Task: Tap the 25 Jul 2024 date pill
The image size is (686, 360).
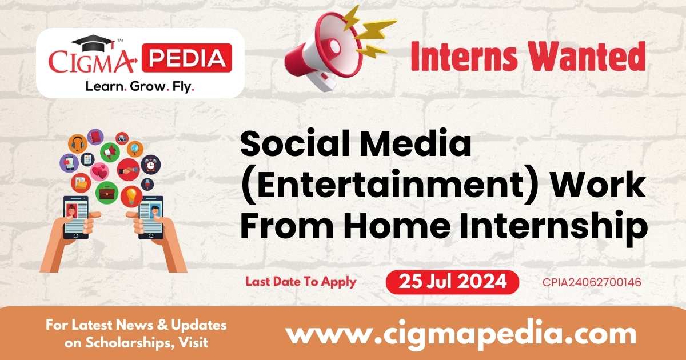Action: pos(452,282)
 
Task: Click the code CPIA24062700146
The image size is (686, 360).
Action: pos(592,282)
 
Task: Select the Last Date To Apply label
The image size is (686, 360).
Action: pos(301,282)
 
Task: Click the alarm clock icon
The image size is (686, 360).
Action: pos(151,165)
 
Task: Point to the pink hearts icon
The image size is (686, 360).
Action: pos(99,170)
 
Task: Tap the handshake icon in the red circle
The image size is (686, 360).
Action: pos(128,170)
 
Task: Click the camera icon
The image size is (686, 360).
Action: pos(122,138)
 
